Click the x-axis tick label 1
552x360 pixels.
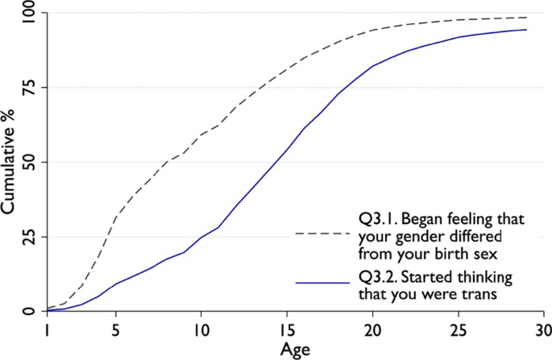click(x=48, y=332)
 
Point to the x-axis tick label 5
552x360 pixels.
click(x=114, y=332)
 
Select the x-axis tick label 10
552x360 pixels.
click(x=200, y=332)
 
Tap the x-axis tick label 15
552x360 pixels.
click(x=285, y=332)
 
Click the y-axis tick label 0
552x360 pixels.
click(x=31, y=311)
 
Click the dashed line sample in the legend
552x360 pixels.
click(x=323, y=234)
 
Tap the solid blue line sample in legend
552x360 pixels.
click(x=323, y=283)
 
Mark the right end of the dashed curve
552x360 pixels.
click(x=527, y=18)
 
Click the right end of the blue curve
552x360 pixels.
click(x=527, y=30)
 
